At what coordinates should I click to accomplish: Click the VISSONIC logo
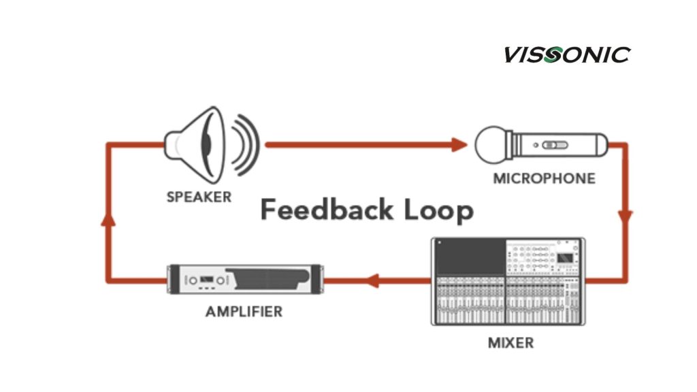click(567, 54)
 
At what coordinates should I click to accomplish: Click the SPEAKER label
click(199, 197)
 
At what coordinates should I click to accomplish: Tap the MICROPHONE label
click(544, 179)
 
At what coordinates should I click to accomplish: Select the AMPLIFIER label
click(244, 312)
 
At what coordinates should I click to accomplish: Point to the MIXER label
click(510, 342)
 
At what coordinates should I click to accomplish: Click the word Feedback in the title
click(317, 210)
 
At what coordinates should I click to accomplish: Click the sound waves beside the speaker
click(245, 144)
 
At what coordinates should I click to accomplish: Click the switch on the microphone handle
click(557, 144)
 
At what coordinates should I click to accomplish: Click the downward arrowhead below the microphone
click(625, 217)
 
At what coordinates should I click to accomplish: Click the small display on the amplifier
click(205, 280)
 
